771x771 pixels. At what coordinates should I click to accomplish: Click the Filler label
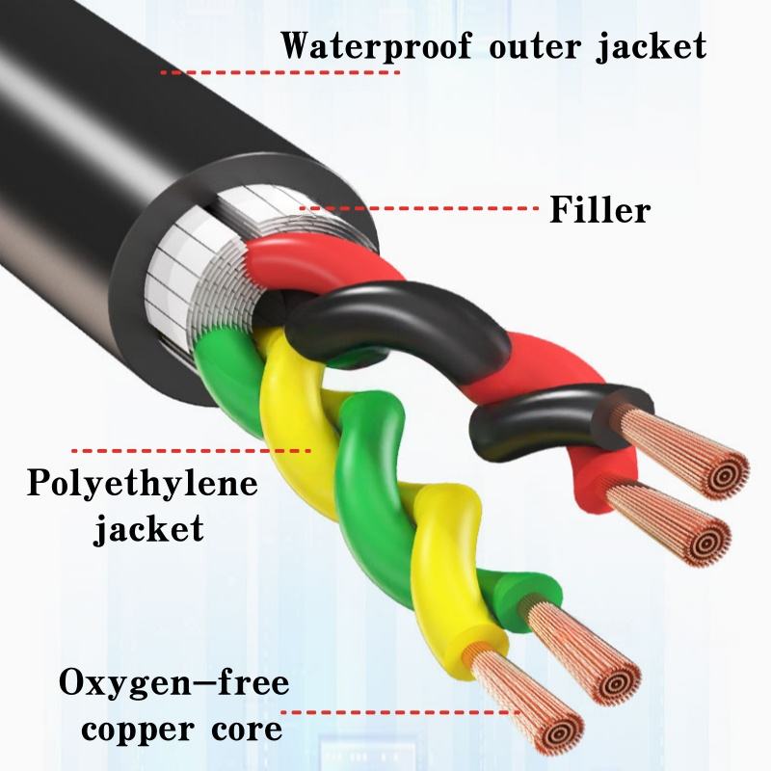pos(600,208)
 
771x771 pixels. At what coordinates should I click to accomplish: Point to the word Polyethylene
pos(142,485)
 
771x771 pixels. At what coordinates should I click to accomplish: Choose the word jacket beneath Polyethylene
pos(148,527)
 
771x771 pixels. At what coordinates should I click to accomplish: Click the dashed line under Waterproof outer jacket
pos(279,72)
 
